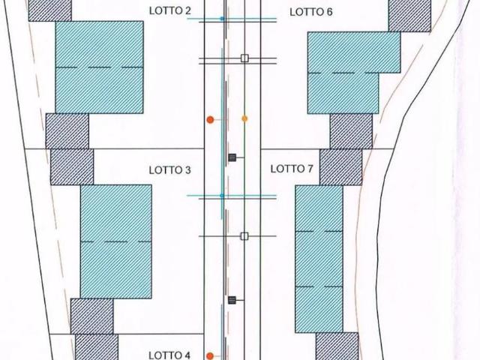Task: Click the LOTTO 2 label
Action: point(170,10)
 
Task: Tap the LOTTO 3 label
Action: point(170,170)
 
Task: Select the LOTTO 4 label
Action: point(169,355)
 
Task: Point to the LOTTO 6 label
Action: point(311,12)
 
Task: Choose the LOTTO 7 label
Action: point(292,169)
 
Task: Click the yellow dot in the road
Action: point(244,118)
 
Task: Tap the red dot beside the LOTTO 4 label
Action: point(210,356)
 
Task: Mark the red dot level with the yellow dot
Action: point(210,120)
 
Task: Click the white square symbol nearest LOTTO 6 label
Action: point(244,58)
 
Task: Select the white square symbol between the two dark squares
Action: point(244,236)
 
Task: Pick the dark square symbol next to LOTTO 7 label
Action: point(232,157)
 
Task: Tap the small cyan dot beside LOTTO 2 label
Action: point(222,19)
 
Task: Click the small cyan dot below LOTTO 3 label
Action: point(222,195)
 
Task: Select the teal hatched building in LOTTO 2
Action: point(100,67)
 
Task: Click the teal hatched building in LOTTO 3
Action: point(116,241)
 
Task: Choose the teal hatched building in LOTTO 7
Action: point(319,259)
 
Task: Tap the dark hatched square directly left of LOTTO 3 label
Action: point(72,166)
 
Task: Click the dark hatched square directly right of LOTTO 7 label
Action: point(341,167)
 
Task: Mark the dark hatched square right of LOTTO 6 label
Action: point(409,15)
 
